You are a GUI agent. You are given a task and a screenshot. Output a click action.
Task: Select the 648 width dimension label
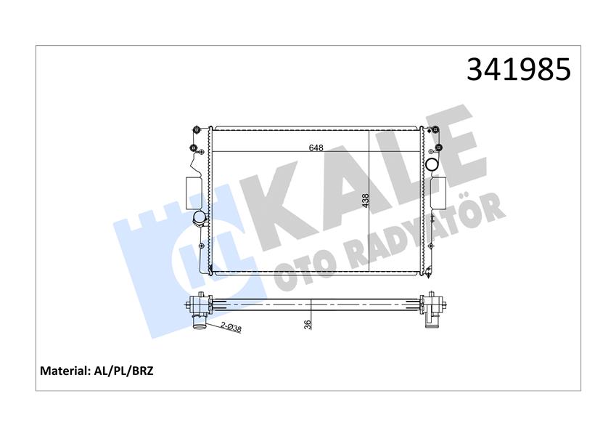[x=316, y=148]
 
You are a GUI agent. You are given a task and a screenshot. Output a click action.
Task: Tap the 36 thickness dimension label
[x=308, y=324]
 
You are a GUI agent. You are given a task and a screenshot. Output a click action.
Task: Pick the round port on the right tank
[x=433, y=163]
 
